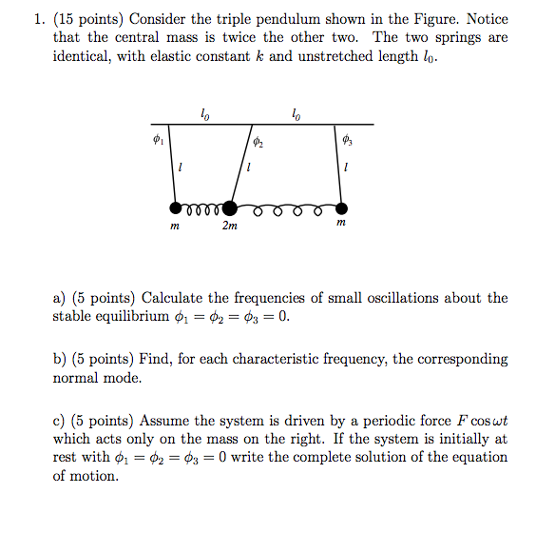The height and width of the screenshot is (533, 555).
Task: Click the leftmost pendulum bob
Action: coord(175,207)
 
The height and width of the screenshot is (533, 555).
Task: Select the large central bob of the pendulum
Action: coord(229,207)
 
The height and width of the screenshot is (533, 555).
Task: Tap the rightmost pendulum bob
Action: coord(341,207)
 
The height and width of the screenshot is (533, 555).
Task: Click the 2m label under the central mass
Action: coord(230,227)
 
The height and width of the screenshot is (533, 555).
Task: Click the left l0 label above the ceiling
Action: coord(204,114)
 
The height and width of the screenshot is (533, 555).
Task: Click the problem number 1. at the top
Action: coord(60,19)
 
